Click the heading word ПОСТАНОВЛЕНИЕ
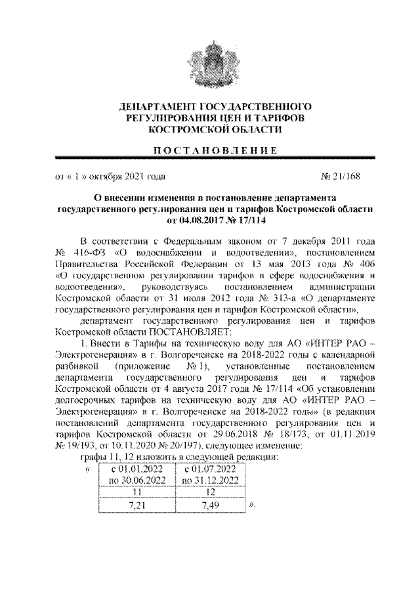(x=211, y=150)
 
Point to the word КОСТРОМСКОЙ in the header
(x=186, y=130)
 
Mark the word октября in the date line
(x=110, y=177)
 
